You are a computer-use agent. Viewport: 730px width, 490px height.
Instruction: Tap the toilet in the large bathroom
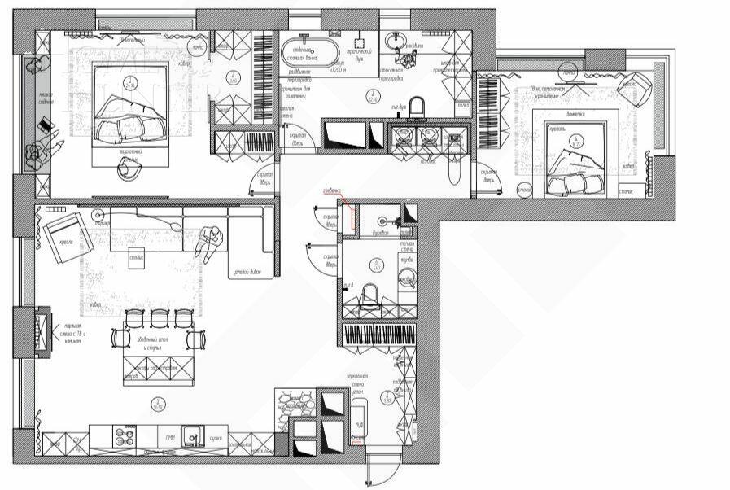click(417, 107)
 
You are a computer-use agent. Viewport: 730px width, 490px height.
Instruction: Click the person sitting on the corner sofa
click(208, 240)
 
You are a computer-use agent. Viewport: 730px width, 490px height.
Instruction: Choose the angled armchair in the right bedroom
click(640, 83)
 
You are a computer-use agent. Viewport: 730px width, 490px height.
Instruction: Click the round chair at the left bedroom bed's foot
click(129, 168)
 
